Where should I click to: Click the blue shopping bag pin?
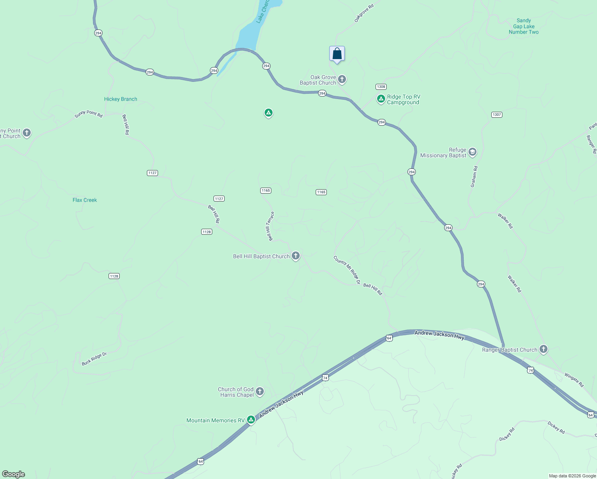click(x=337, y=53)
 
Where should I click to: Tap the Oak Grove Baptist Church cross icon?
click(x=342, y=79)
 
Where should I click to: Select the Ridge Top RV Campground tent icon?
click(x=381, y=99)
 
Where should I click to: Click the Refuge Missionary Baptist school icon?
click(x=472, y=152)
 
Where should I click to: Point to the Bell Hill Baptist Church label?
click(x=261, y=256)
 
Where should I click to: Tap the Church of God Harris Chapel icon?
click(x=260, y=392)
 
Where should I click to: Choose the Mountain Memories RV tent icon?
click(x=251, y=420)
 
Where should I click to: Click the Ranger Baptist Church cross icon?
click(x=543, y=349)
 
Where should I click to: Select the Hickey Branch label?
click(x=121, y=99)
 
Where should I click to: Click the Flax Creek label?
click(x=85, y=200)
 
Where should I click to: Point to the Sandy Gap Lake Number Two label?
click(x=524, y=26)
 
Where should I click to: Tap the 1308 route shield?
click(x=381, y=87)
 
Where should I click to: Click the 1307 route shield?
click(x=496, y=115)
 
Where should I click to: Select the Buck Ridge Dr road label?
click(x=95, y=359)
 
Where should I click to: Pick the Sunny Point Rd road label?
click(x=89, y=114)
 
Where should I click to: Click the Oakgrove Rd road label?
click(x=364, y=14)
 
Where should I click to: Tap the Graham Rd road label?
click(x=474, y=177)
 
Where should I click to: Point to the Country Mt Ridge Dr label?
click(x=347, y=270)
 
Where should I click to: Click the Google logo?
click(x=14, y=474)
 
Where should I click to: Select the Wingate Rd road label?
click(x=574, y=380)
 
